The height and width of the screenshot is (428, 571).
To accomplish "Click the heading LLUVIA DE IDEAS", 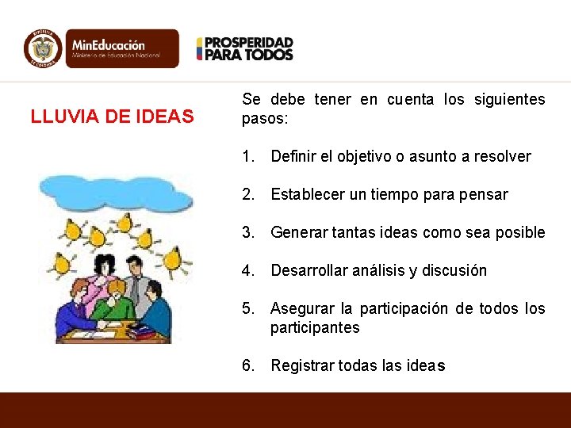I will [112, 117].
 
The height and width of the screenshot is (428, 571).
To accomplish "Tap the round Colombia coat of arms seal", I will [43, 48].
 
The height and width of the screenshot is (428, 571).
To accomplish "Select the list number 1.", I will [248, 156].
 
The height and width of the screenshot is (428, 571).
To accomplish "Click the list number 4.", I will [248, 270].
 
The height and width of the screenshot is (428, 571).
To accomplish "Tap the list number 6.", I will [248, 365].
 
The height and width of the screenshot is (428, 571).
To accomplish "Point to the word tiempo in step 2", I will [396, 194].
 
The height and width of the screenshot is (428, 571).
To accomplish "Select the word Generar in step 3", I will [297, 232].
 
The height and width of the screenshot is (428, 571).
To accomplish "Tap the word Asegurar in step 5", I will [301, 308].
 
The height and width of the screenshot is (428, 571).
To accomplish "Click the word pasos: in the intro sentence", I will [266, 120].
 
